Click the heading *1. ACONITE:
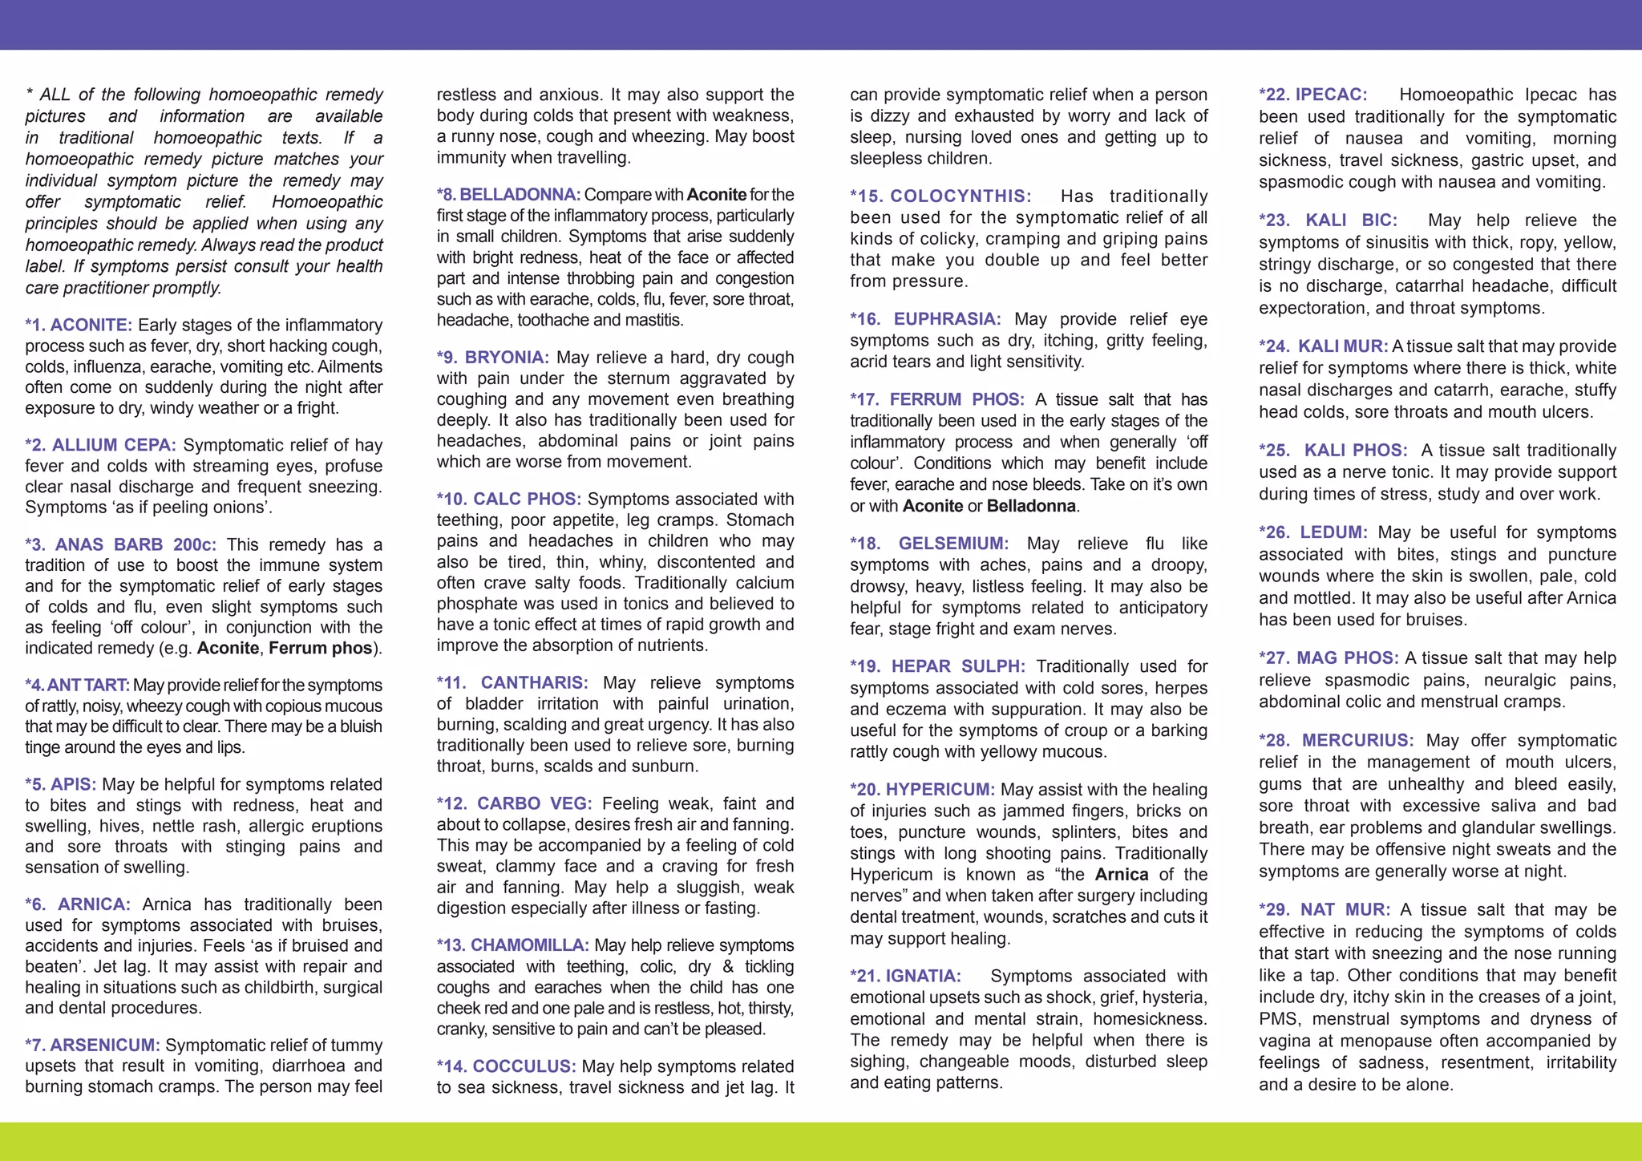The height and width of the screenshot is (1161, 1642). coord(79,325)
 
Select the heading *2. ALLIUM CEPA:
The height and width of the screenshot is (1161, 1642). coord(101,445)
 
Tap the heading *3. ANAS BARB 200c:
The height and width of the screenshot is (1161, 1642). coord(120,544)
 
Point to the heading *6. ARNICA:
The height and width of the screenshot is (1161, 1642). coord(78,904)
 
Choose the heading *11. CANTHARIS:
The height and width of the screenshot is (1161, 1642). coord(512,682)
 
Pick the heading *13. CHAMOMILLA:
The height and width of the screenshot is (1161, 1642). coord(513,945)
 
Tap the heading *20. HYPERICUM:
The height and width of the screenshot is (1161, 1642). coord(922,790)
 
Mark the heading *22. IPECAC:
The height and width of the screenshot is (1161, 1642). coord(1313,95)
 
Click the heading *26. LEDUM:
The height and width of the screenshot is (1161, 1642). coord(1315,532)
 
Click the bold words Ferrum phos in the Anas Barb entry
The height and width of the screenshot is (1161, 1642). coord(320,648)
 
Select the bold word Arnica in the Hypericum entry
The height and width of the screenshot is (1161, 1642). coord(1121,875)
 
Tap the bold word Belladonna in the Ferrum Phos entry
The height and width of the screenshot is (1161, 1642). coord(1031,506)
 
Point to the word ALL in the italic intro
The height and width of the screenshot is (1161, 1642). coord(55,95)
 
